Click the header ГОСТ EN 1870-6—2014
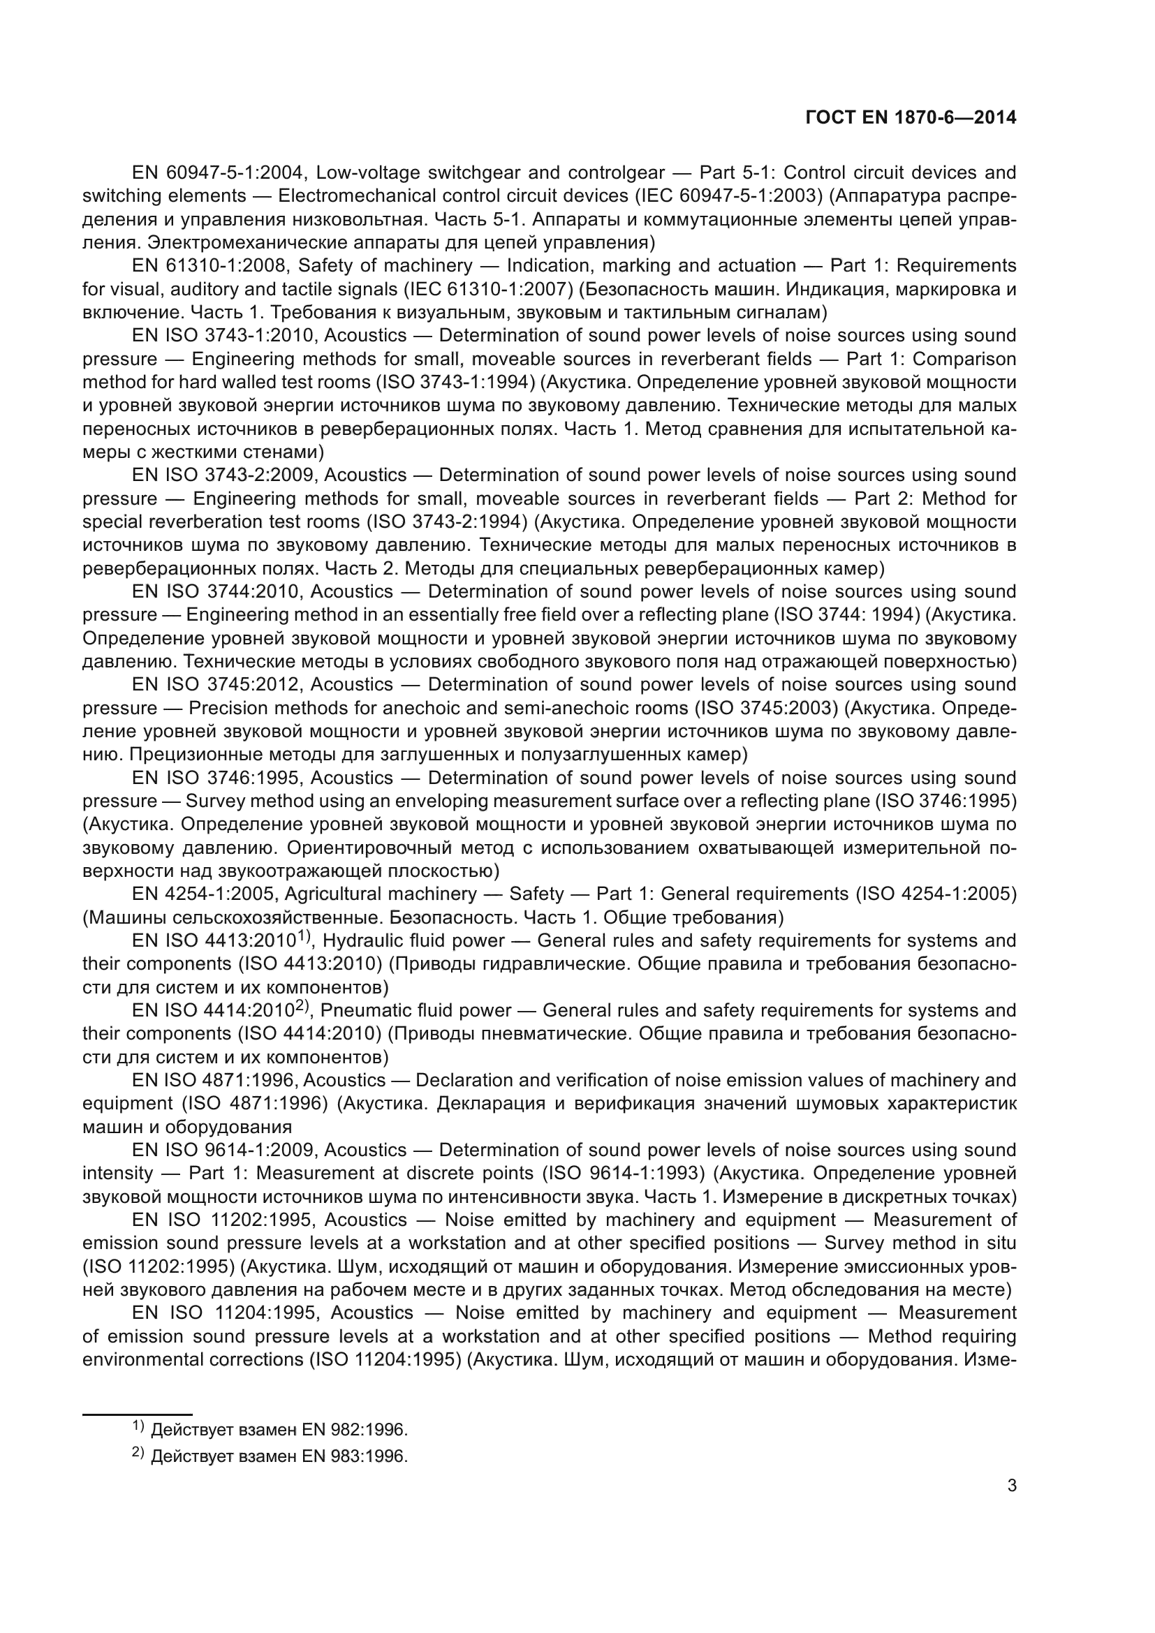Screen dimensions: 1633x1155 911,117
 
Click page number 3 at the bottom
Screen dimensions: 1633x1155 1012,1485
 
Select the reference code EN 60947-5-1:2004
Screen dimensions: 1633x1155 219,173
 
